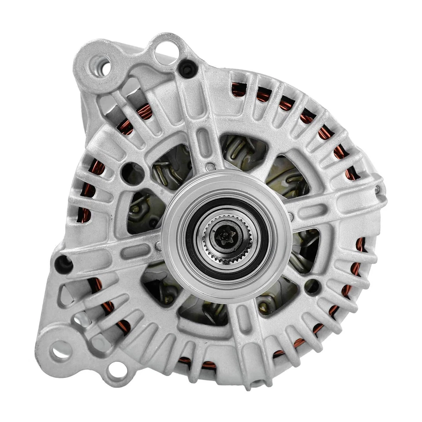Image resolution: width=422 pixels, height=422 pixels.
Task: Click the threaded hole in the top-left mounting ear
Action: tap(103, 66)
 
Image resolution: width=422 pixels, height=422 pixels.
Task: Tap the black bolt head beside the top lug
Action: tap(188, 69)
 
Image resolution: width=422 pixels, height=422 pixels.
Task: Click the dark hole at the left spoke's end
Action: tap(63, 264)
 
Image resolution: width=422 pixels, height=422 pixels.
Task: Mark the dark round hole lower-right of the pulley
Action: tap(313, 286)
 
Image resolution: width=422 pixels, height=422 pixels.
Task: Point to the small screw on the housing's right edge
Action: tap(377, 189)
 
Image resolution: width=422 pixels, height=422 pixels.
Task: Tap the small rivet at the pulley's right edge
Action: tap(291, 215)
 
